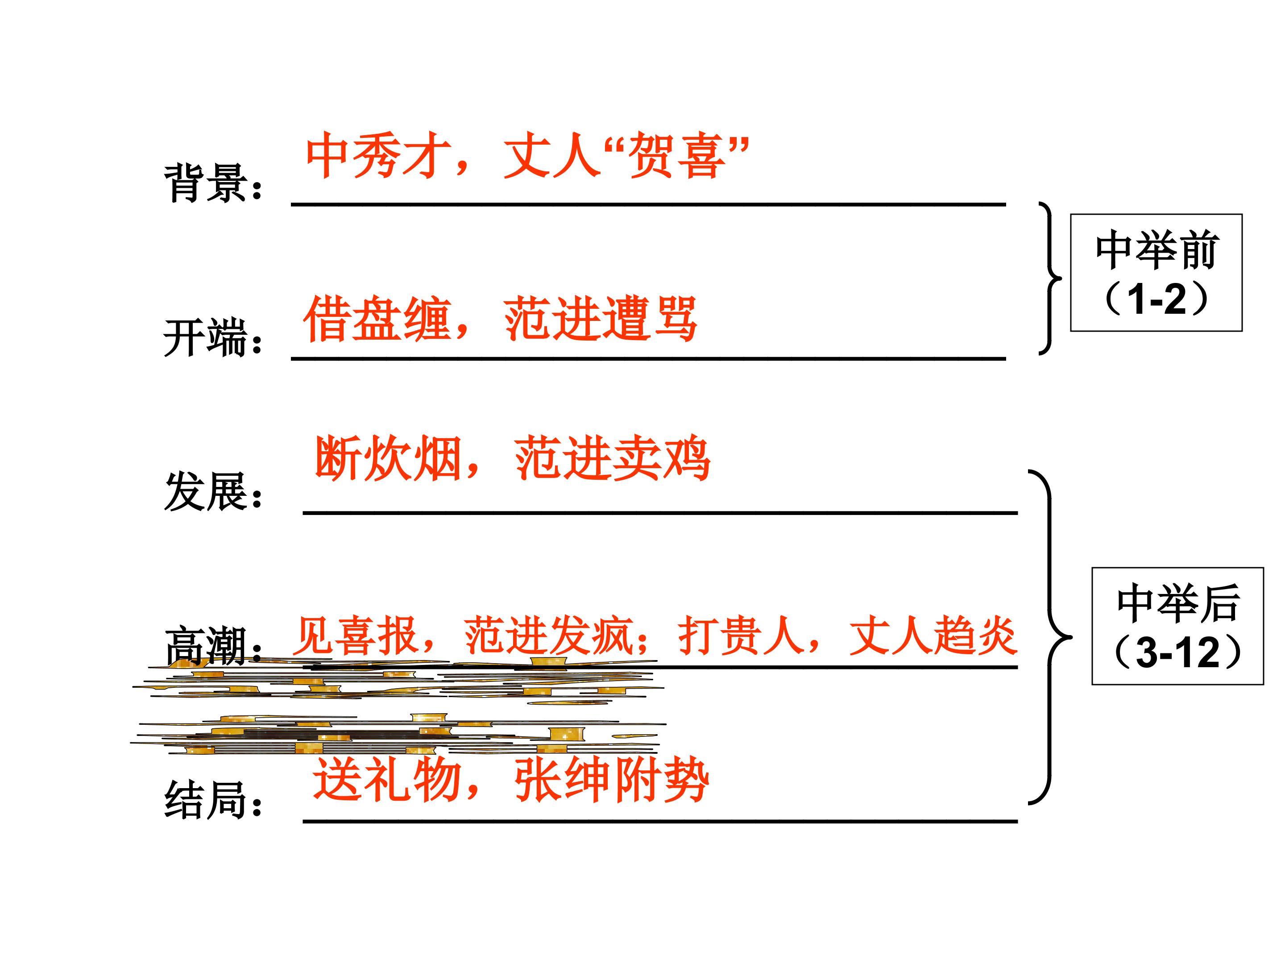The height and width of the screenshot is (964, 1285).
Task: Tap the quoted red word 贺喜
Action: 678,155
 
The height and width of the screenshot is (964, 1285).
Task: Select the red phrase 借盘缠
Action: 377,318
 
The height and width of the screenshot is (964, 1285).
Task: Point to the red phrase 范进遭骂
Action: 601,318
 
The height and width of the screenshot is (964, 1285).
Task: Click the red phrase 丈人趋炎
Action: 933,636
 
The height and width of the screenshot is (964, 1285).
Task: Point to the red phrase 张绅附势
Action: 612,779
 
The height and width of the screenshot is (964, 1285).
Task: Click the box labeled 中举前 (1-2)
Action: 1156,273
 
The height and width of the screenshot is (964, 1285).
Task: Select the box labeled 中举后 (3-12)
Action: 1177,626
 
